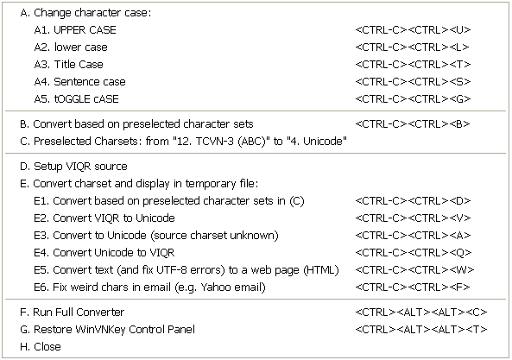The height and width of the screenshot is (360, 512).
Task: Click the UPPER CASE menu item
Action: click(75, 30)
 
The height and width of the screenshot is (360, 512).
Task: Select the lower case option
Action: click(71, 47)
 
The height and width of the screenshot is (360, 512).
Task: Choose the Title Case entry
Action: click(68, 65)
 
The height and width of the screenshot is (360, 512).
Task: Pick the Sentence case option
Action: click(79, 82)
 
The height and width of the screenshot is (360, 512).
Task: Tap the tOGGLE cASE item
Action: click(76, 99)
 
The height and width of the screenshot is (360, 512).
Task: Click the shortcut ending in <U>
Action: click(413, 30)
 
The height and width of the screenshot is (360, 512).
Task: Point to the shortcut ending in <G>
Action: click(413, 99)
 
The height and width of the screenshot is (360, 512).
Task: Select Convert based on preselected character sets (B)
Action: click(136, 124)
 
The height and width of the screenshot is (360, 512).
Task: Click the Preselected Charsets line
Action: click(183, 142)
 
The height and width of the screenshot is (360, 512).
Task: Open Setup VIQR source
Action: click(73, 167)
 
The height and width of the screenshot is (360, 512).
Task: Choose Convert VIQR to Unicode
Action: click(104, 218)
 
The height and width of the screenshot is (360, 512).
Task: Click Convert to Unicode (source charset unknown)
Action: click(156, 236)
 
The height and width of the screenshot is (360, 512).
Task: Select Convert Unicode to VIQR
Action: click(104, 253)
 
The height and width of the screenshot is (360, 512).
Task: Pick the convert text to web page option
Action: click(186, 270)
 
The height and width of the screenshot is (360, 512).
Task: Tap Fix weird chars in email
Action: click(149, 287)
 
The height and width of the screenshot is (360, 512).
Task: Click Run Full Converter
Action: click(73, 313)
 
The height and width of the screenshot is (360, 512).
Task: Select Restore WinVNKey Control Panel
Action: click(107, 330)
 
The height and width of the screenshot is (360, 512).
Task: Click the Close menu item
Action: click(41, 347)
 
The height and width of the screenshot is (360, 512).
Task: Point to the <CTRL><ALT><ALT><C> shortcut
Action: click(421, 313)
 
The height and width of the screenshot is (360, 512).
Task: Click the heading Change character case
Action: click(85, 13)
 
